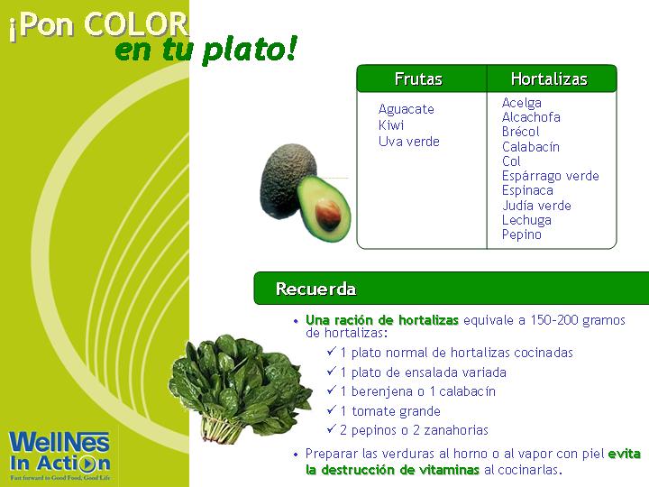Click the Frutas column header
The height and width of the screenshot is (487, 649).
[x=418, y=78]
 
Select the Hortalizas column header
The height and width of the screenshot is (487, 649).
[x=549, y=78]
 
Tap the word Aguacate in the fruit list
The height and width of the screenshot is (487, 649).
[x=406, y=109]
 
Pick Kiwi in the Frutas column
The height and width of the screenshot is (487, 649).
[x=390, y=125]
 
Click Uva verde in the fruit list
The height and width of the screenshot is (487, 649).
[x=409, y=142]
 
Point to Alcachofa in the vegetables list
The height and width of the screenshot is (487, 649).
[x=531, y=117]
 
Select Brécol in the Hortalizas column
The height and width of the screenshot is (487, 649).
[x=520, y=132]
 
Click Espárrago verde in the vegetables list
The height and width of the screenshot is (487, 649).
[x=550, y=176]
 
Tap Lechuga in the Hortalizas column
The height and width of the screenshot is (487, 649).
[x=526, y=220]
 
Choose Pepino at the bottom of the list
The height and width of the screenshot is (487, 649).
[x=522, y=234]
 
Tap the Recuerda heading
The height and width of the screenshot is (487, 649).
[x=315, y=289]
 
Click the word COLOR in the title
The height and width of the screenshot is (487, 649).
[x=136, y=24]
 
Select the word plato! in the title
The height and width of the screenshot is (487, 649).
[x=250, y=50]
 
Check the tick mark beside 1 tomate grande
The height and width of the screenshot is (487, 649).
[x=331, y=409]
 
